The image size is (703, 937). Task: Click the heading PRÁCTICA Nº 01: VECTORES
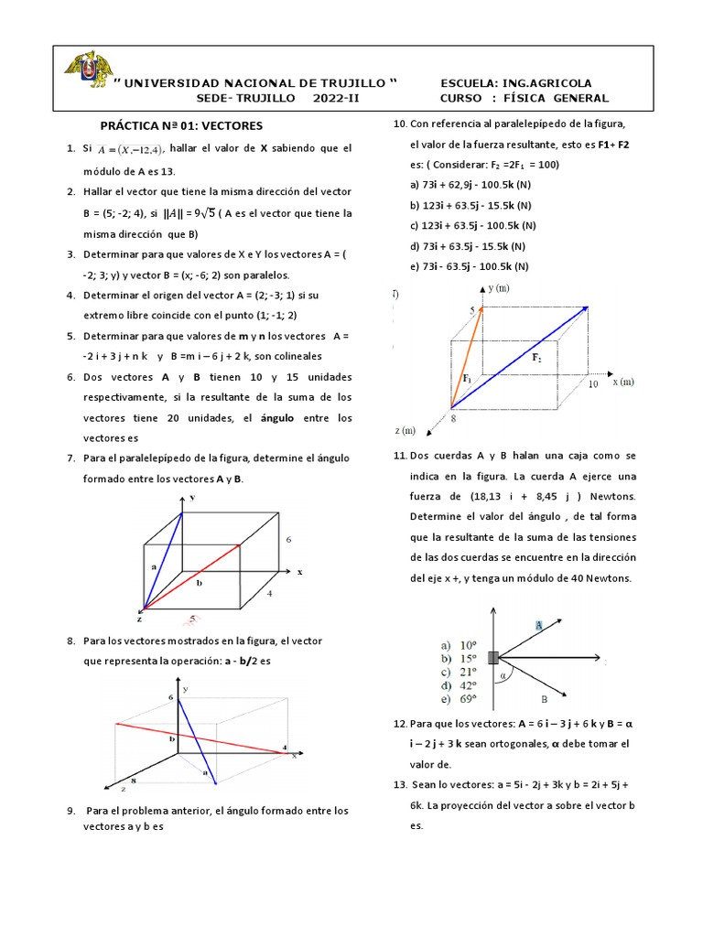[181, 125]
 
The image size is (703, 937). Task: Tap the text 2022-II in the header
[337, 99]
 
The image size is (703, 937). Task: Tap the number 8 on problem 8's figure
[134, 781]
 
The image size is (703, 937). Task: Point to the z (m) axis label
[404, 431]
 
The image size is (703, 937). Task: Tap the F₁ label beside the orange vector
[467, 377]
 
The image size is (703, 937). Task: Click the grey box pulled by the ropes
[494, 657]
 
